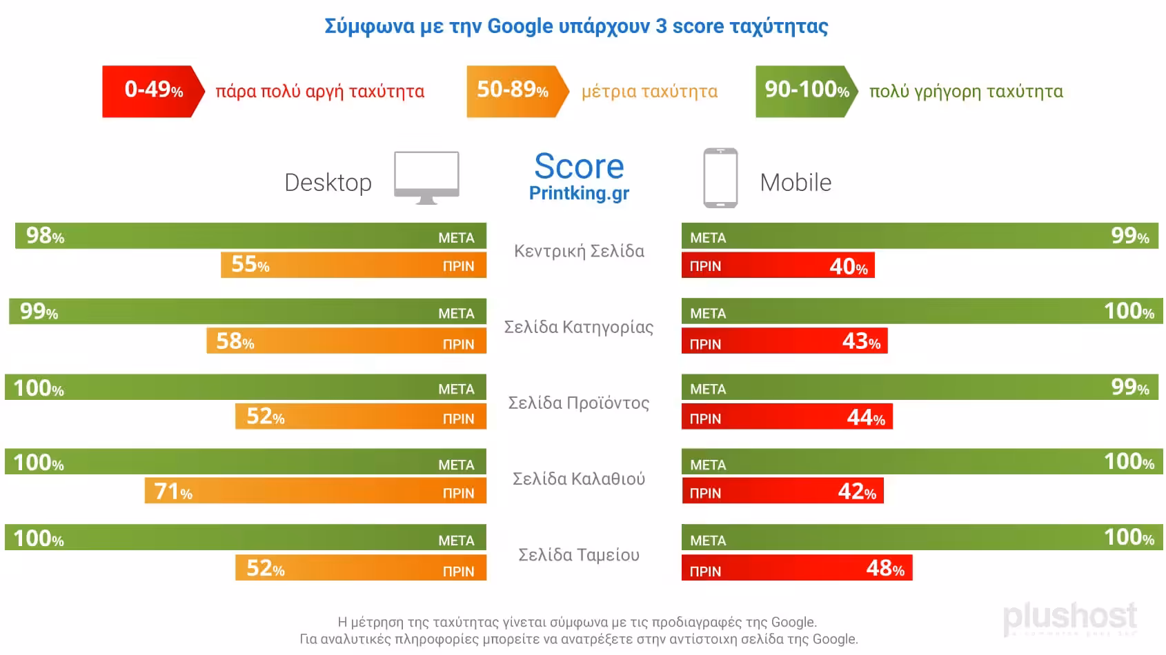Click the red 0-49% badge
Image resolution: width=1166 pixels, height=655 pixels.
153,91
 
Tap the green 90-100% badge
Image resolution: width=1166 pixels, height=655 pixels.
806,91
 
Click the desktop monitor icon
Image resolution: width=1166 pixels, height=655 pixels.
426,178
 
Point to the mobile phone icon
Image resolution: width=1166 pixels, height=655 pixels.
720,178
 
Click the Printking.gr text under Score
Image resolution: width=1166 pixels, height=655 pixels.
579,193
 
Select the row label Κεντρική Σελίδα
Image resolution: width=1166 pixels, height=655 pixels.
579,251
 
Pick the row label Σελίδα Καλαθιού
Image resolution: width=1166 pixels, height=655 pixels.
579,478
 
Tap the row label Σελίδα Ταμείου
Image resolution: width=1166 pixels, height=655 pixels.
579,555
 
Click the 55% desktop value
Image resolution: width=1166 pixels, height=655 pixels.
250,265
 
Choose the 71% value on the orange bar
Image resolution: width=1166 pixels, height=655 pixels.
173,492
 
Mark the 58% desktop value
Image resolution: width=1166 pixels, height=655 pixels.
235,341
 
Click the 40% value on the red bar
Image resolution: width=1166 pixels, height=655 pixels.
848,266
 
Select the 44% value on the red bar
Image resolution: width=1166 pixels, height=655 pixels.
866,417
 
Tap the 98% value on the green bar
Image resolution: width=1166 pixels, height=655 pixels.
45,236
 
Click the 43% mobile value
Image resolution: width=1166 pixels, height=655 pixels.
861,341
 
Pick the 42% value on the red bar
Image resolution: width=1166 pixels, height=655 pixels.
857,492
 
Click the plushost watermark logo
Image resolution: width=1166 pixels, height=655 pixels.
1069,616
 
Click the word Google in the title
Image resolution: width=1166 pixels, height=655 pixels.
520,26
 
